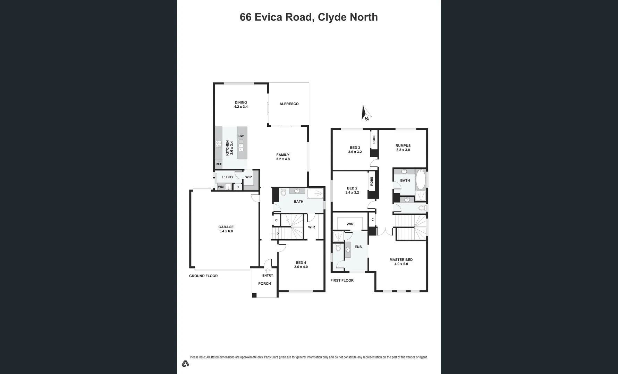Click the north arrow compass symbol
(366, 113)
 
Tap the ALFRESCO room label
(289, 104)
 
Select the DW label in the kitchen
(241, 136)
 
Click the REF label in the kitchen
(219, 164)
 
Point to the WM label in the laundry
(221, 187)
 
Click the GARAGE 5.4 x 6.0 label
(226, 229)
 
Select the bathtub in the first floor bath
(420, 179)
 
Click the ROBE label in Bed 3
(374, 139)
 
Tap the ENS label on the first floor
(358, 247)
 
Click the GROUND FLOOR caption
(203, 276)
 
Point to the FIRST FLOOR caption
(342, 280)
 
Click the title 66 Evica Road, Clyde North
(308, 17)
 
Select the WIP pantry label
(248, 177)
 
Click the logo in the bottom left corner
(185, 364)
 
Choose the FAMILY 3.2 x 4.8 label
(283, 157)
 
